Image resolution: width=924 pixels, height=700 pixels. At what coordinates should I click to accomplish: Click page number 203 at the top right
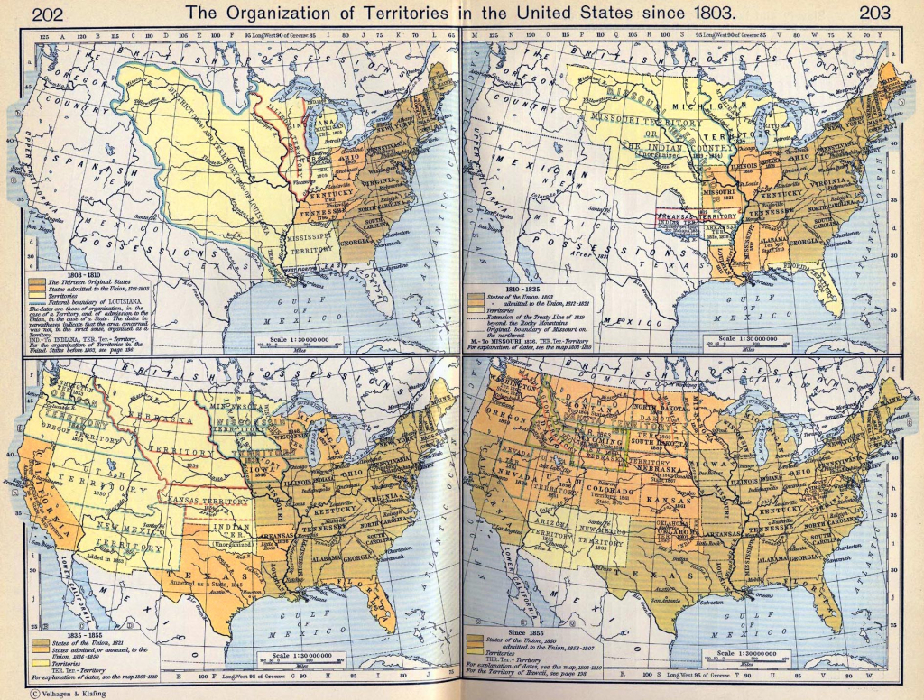875,13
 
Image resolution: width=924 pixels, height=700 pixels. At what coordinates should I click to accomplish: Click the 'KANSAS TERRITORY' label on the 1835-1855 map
204,498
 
